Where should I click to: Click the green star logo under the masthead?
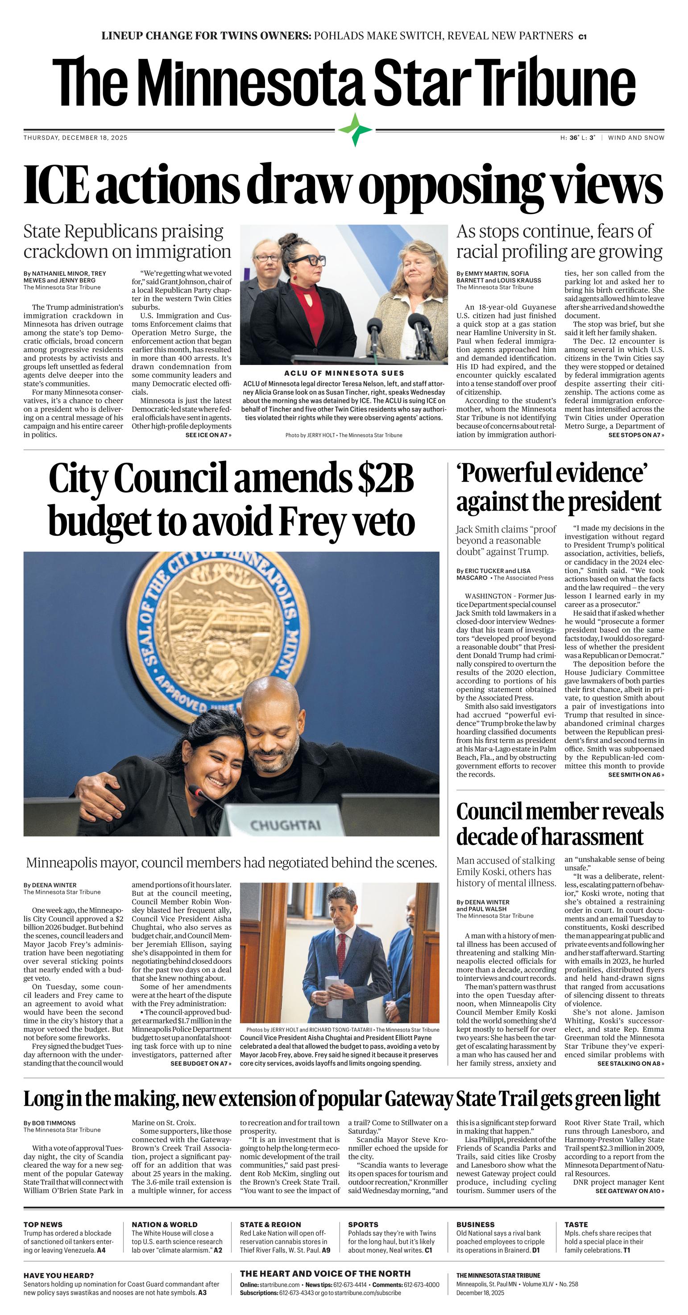(355, 130)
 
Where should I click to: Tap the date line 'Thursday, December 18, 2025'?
(75, 138)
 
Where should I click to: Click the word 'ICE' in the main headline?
(56, 184)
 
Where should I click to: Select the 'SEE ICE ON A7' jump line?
(208, 436)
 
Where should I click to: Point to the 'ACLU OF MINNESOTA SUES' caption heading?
(344, 373)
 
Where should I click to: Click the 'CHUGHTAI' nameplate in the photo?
(285, 826)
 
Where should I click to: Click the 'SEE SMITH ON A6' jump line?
(636, 775)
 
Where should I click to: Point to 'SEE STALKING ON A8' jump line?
(630, 1064)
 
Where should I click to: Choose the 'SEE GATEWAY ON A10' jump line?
(629, 1201)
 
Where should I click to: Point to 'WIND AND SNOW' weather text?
(636, 138)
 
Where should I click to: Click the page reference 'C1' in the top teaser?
(582, 37)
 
